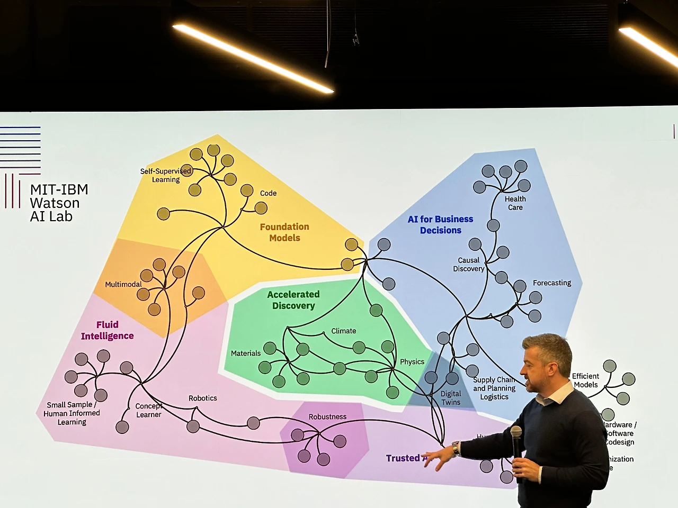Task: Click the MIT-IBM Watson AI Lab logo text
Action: [59, 203]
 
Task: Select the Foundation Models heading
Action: [284, 232]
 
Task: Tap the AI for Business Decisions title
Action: [440, 225]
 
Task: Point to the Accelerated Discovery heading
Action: [293, 300]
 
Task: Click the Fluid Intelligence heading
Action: [107, 330]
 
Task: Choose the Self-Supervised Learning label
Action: [165, 175]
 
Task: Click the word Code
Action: [268, 193]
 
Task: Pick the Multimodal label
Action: [123, 284]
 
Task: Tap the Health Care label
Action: [515, 203]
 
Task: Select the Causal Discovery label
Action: [469, 265]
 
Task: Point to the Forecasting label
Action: [552, 283]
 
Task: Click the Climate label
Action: [344, 331]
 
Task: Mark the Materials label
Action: [246, 353]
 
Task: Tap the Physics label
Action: [412, 362]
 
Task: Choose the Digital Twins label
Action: [451, 398]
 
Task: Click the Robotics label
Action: [203, 398]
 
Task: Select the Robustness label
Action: [327, 416]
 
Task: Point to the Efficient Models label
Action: [585, 380]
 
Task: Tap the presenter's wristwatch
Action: [456, 448]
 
